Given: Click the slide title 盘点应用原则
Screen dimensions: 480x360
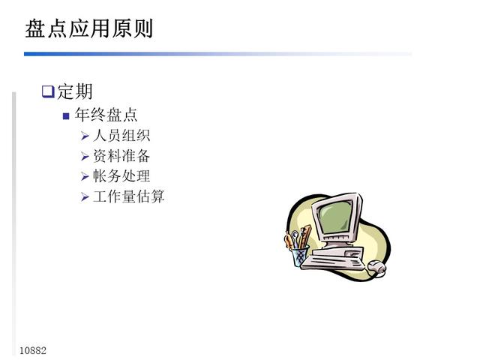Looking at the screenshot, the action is point(88,28).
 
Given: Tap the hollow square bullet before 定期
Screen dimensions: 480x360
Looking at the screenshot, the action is point(48,91).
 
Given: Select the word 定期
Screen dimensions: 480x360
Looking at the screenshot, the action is point(75,91).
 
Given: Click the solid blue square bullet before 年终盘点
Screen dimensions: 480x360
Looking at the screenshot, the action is point(66,116).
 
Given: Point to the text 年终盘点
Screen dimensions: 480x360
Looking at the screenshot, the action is point(106,115).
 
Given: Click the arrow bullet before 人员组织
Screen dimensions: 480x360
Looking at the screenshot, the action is point(85,136).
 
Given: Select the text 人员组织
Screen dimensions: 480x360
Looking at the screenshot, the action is point(121,135).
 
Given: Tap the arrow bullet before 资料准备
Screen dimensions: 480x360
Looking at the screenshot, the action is point(85,157).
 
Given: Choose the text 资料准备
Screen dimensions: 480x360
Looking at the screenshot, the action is point(121,156).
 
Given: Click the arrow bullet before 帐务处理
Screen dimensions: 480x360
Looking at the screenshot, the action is point(85,176).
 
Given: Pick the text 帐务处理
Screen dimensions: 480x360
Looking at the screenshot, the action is point(121,176).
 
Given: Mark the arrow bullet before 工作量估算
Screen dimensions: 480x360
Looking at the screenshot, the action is point(85,196).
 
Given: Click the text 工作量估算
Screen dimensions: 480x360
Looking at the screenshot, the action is point(128,196).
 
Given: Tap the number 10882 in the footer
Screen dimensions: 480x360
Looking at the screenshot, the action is point(33,350).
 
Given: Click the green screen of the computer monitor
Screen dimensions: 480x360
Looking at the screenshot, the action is point(335,217).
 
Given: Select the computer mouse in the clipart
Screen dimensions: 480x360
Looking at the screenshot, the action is point(376,267).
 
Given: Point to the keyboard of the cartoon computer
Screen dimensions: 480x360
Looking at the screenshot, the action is point(333,262).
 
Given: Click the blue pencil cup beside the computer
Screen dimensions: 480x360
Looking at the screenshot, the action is point(299,256).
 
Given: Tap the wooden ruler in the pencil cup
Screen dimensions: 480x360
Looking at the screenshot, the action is point(305,236).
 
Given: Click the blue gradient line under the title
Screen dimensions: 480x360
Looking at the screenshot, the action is point(218,54).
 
